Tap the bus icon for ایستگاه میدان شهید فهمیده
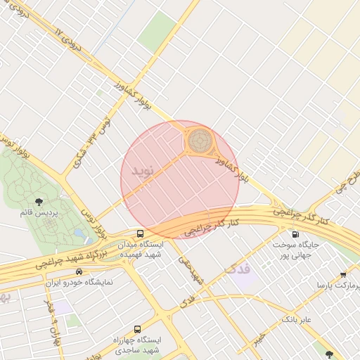coord(140,233)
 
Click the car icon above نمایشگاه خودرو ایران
coord(79,271)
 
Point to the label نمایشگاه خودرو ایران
coord(79,283)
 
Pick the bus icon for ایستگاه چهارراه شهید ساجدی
coord(137,328)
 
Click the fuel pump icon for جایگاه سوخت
coord(295,234)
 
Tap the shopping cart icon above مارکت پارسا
coord(342,275)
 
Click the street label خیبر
coord(261,340)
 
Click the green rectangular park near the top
coord(160,29)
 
